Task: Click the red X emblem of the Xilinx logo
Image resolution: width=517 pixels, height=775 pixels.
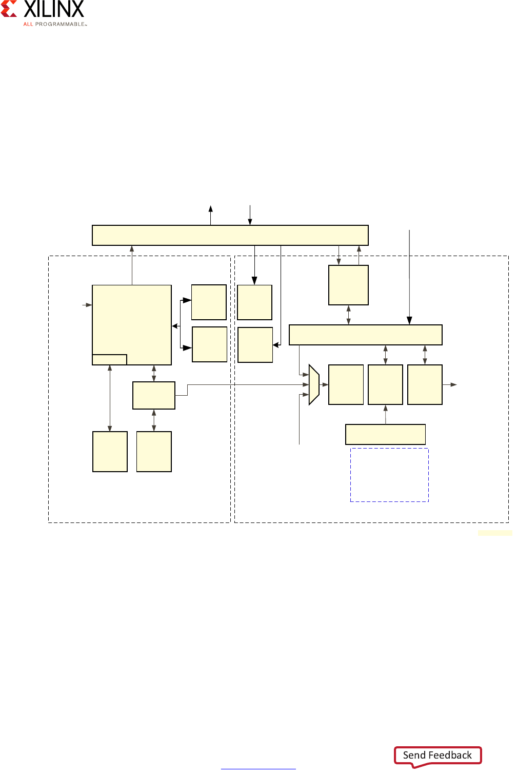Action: pyautogui.click(x=9, y=9)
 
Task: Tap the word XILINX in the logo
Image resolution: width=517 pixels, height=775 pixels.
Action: pyautogui.click(x=54, y=9)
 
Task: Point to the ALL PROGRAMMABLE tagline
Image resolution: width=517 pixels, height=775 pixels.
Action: pyautogui.click(x=55, y=24)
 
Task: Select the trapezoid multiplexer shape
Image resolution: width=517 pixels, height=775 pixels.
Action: pyautogui.click(x=314, y=385)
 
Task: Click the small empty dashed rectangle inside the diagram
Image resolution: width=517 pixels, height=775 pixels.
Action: pyautogui.click(x=389, y=475)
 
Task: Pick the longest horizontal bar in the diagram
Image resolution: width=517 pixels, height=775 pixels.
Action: pyautogui.click(x=230, y=235)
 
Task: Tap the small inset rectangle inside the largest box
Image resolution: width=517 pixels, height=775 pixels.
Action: pyautogui.click(x=109, y=359)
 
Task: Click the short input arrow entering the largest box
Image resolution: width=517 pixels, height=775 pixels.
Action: pyautogui.click(x=87, y=305)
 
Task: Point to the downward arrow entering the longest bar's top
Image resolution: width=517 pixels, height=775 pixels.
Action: pyautogui.click(x=250, y=216)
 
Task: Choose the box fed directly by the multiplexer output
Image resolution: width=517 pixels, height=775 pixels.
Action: pyautogui.click(x=346, y=384)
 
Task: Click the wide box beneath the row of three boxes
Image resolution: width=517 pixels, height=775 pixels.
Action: pyautogui.click(x=385, y=434)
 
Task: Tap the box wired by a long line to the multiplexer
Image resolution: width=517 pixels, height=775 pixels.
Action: pyautogui.click(x=154, y=395)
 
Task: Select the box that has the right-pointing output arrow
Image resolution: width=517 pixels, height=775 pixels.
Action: pyautogui.click(x=425, y=384)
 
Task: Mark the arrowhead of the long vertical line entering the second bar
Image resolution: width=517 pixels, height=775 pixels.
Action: pyautogui.click(x=409, y=321)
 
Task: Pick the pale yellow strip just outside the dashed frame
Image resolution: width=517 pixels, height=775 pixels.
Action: pyautogui.click(x=494, y=533)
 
